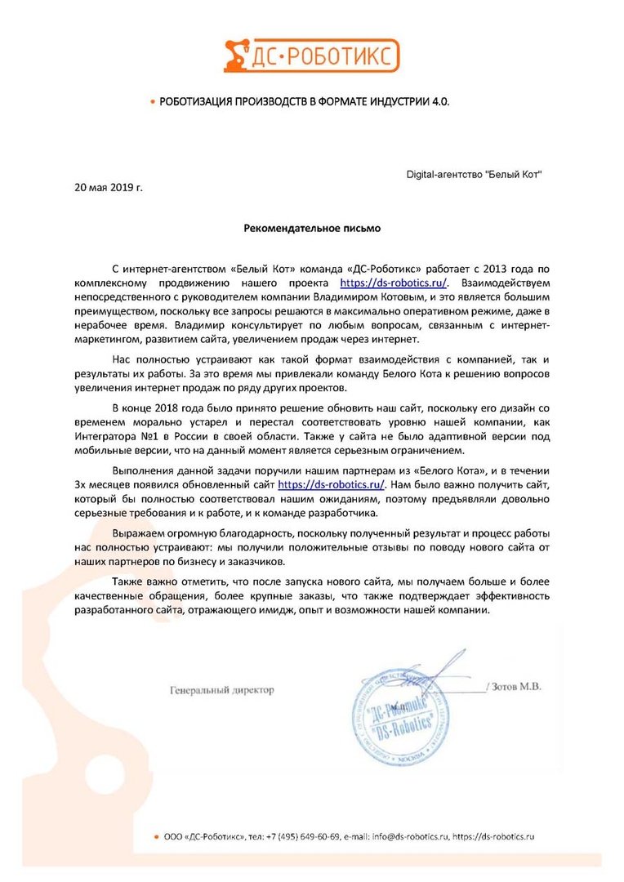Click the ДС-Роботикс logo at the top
click(311, 54)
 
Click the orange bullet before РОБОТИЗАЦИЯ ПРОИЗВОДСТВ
click(152, 102)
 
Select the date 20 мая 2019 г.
click(109, 187)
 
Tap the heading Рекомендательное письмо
click(312, 229)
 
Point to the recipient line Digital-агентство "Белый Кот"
click(474, 175)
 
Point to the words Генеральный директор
click(222, 689)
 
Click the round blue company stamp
click(400, 720)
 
